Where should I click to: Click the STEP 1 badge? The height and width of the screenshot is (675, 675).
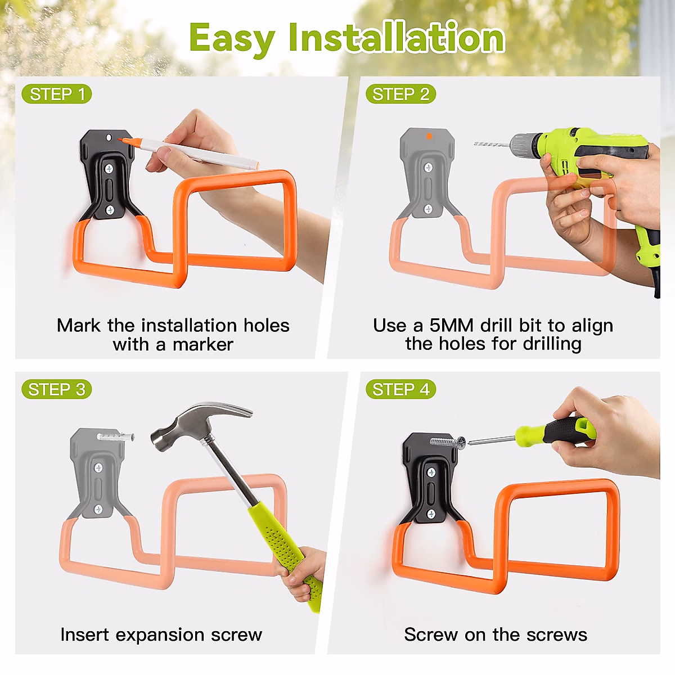pos(56,94)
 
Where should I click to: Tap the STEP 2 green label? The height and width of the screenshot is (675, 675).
pos(400,94)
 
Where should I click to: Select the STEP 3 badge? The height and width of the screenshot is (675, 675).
pos(56,389)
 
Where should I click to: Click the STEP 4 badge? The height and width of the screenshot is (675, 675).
pos(400,389)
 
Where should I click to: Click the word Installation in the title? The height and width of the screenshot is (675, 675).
pos(396,38)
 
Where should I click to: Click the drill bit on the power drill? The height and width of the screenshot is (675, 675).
pos(491,145)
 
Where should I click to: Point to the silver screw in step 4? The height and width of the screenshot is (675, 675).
pos(448,442)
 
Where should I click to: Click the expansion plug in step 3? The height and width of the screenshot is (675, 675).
pos(115,436)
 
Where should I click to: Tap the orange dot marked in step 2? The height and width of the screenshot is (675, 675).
pos(429,136)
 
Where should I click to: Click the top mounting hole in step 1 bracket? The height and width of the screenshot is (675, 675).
pos(109,137)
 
